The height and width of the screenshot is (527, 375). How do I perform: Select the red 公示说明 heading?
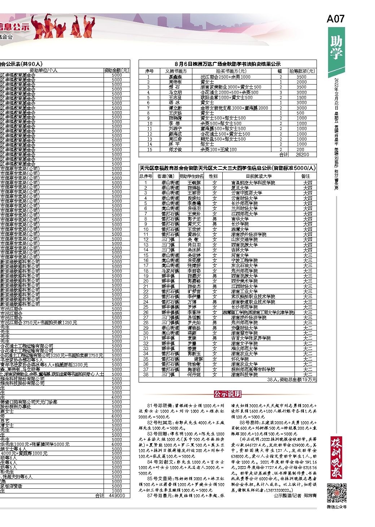coord(227,394)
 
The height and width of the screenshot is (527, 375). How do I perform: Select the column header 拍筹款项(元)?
coord(302,72)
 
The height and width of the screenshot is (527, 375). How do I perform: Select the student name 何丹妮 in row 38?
coord(193,375)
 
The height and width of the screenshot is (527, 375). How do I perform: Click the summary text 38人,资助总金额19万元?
coord(292,380)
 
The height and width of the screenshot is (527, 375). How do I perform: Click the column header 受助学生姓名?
coord(192,176)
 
